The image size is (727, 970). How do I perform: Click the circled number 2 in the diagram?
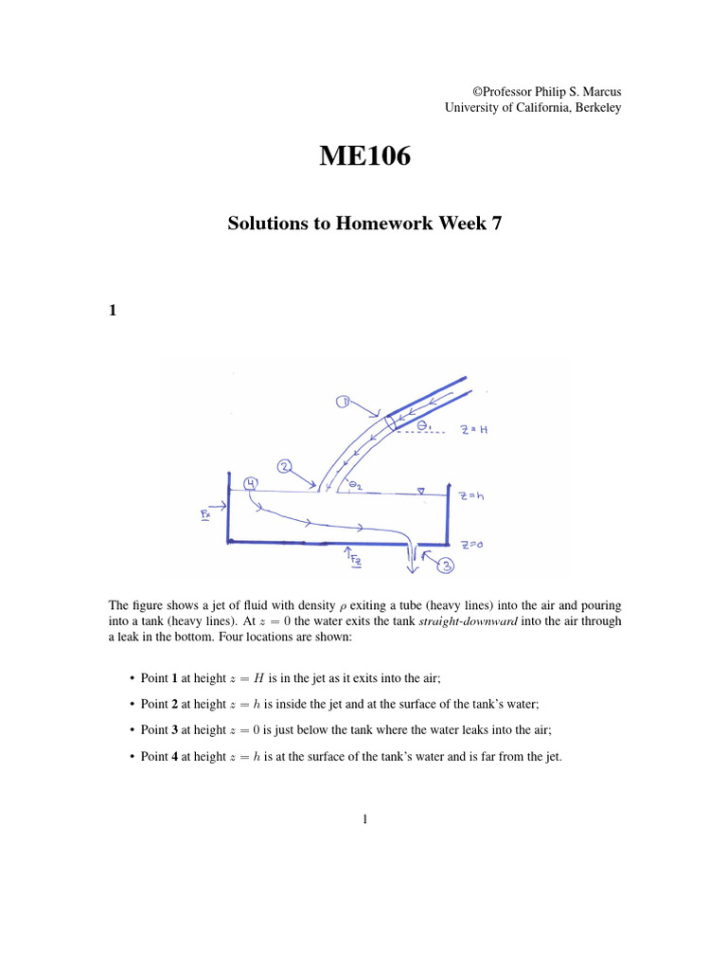285,466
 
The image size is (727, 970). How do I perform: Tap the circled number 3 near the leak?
445,566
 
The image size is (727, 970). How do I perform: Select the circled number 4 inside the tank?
250,484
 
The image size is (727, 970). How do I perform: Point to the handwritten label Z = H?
473,429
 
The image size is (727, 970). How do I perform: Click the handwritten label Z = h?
470,495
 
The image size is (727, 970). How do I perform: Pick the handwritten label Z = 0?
472,545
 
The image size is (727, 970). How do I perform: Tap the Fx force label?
206,514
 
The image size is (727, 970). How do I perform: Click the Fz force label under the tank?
356,560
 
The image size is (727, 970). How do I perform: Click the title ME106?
364,157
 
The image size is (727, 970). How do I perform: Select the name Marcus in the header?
601,92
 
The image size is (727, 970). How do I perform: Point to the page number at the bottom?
364,819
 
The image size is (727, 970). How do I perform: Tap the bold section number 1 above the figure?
113,309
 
